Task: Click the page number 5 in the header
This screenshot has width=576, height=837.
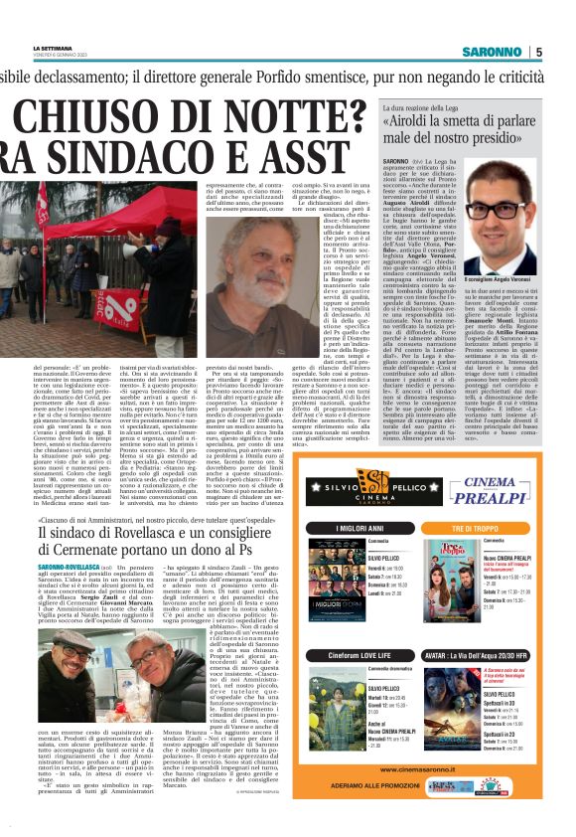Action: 538,52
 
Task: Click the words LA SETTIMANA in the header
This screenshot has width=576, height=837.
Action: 52,46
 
